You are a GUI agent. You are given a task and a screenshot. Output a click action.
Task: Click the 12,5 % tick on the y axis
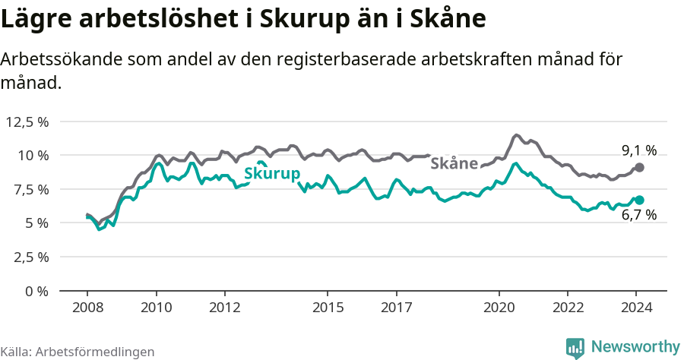click(x=27, y=122)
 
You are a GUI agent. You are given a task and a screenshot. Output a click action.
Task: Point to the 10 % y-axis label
click(x=33, y=155)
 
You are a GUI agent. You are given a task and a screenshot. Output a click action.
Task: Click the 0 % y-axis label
click(x=36, y=291)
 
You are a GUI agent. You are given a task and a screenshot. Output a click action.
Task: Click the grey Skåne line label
click(x=454, y=163)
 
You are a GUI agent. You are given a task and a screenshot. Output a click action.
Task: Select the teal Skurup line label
click(x=271, y=174)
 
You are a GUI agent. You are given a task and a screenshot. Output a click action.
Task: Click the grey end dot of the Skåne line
click(x=639, y=167)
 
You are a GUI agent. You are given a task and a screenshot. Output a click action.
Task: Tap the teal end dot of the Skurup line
click(x=639, y=200)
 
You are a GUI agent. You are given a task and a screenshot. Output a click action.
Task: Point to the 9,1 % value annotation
click(x=639, y=150)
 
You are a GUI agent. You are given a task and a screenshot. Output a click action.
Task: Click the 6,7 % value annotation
click(x=639, y=216)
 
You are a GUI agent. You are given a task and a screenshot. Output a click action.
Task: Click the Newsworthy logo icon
click(x=575, y=347)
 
